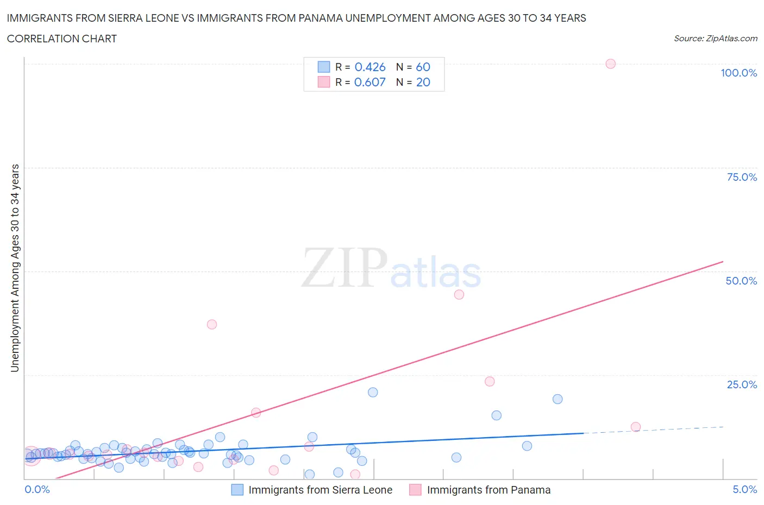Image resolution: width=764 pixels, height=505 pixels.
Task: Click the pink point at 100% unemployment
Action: click(610, 64)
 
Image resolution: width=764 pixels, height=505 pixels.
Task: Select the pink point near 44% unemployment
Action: click(459, 294)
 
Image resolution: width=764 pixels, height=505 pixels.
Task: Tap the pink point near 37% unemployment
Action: click(212, 324)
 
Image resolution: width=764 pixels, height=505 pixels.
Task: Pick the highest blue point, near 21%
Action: click(373, 392)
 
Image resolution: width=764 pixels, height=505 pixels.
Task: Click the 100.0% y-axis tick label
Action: click(738, 73)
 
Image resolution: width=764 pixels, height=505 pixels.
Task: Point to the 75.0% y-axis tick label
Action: click(742, 177)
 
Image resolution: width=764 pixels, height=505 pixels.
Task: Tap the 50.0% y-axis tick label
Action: click(741, 281)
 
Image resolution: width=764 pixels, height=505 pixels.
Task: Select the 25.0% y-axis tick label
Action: click(742, 384)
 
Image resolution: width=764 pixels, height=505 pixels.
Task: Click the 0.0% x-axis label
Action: click(37, 489)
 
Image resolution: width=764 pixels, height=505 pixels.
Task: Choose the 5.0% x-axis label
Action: click(744, 489)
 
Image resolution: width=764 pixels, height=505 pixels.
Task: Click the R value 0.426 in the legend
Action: click(370, 67)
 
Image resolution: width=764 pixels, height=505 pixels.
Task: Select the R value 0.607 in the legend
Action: click(370, 82)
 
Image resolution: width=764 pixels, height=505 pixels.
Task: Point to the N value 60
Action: click(423, 67)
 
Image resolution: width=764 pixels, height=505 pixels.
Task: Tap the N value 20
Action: click(423, 82)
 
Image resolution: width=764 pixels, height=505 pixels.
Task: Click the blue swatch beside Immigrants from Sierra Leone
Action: click(237, 490)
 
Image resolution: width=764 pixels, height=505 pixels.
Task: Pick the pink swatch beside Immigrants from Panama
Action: click(416, 490)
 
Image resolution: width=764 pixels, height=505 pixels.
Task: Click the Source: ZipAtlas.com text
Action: click(715, 38)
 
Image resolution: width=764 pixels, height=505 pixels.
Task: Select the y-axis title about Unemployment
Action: click(15, 268)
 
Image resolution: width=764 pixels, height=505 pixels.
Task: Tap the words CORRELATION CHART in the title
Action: click(62, 39)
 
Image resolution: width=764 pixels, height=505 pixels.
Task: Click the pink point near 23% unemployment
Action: click(490, 381)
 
